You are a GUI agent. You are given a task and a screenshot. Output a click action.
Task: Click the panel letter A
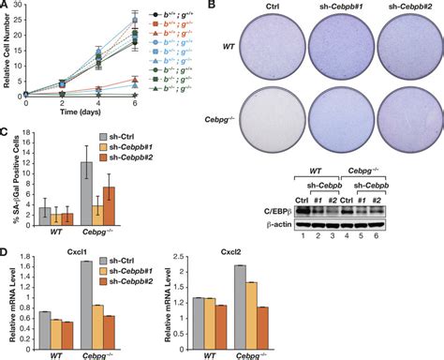pyautogui.click(x=6, y=7)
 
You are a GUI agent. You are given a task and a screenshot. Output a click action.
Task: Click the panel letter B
pyautogui.click(x=228, y=7)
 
